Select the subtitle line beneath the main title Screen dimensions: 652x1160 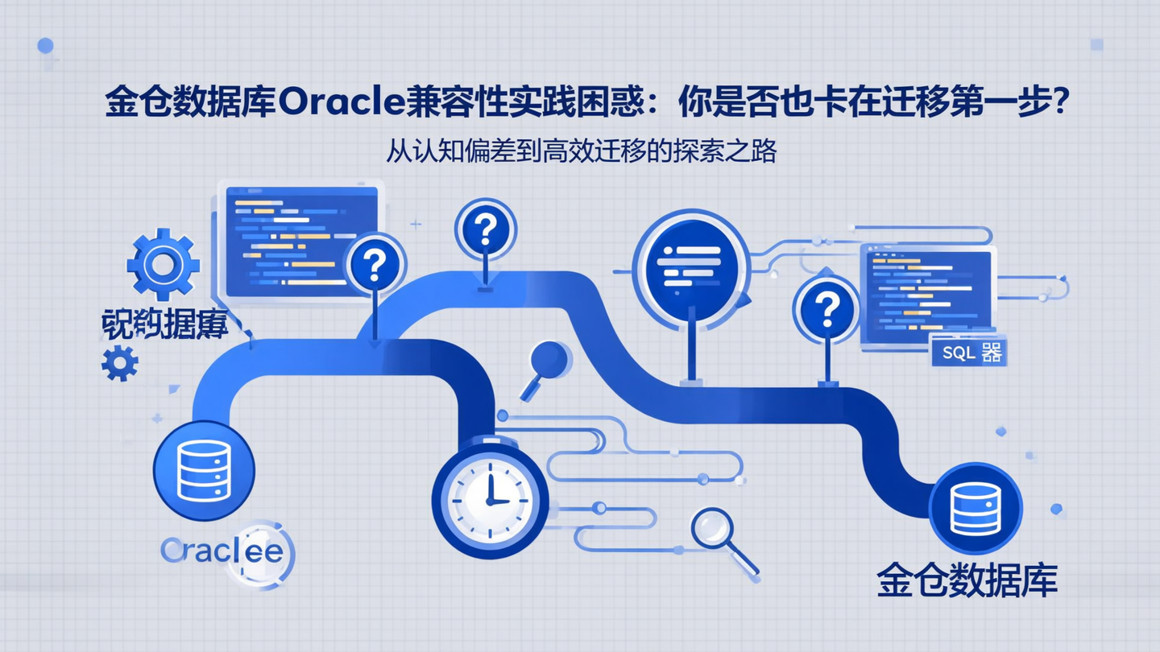pyautogui.click(x=580, y=151)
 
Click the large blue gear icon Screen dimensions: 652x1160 pyautogui.click(x=164, y=264)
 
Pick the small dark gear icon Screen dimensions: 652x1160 pyautogui.click(x=120, y=363)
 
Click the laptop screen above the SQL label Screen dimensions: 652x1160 pyautogui.click(x=926, y=292)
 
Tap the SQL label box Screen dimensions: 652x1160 pyautogui.click(x=969, y=353)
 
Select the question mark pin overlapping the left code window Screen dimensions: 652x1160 pyautogui.click(x=375, y=265)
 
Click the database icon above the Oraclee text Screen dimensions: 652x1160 pyautogui.click(x=204, y=471)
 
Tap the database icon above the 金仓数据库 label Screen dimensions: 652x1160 pyautogui.click(x=975, y=509)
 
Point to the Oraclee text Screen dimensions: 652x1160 pyautogui.click(x=222, y=551)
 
